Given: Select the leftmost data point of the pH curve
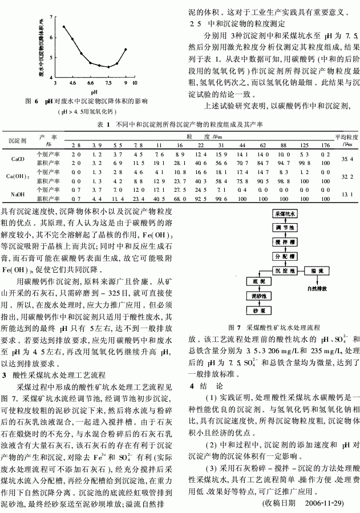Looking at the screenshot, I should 64,26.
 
